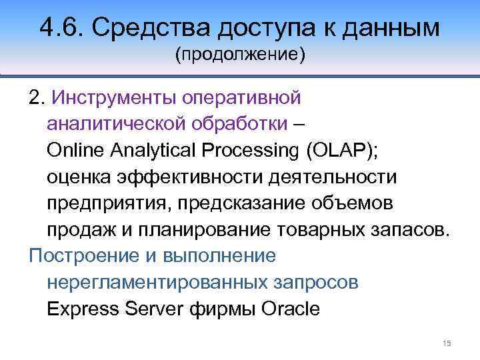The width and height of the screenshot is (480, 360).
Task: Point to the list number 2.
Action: click(35, 98)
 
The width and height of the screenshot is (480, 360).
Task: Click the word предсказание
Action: click(249, 203)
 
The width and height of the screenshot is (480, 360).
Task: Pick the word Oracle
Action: click(291, 309)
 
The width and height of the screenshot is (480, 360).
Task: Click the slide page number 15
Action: click(447, 343)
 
